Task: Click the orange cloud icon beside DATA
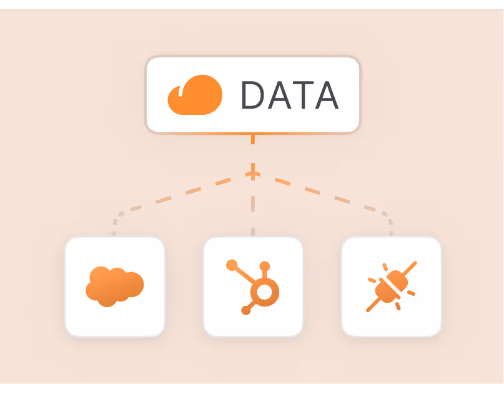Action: pos(194,94)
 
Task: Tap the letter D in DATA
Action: pos(255,95)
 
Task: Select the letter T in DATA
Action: pos(303,95)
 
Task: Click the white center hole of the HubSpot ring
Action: pos(265,292)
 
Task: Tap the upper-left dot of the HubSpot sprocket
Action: pos(232,265)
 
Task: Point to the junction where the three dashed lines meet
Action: pos(253,174)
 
